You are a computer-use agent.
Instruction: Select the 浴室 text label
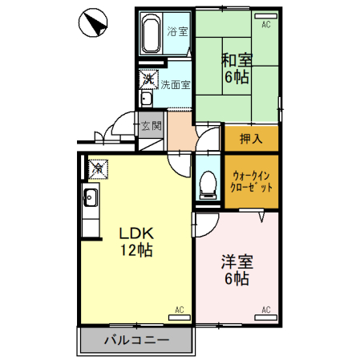177,33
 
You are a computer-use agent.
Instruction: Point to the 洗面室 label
175,83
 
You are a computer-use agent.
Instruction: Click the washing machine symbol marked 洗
148,79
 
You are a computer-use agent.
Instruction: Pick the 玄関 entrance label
151,125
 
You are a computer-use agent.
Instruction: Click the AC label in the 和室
265,26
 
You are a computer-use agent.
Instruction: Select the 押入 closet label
251,139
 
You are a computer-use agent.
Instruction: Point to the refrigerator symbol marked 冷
96,168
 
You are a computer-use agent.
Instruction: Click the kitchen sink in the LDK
89,197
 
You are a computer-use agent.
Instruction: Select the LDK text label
136,233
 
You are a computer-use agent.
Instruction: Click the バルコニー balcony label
136,341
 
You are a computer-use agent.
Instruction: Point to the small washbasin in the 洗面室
147,99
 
